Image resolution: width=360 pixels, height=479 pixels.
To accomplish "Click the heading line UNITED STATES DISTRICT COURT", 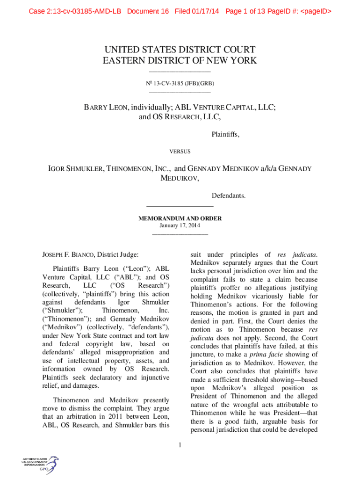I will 180,50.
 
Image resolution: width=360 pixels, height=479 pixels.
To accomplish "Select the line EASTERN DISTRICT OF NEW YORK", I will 180,60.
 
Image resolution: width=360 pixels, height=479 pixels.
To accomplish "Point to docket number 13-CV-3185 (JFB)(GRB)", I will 183,83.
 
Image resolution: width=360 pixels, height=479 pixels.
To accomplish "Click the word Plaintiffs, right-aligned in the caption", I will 225,135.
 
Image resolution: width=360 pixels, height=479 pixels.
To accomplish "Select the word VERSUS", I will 180,151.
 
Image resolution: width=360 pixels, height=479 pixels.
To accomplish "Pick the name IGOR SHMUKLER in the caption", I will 77,168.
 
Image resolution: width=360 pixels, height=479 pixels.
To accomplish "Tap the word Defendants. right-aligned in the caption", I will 229,195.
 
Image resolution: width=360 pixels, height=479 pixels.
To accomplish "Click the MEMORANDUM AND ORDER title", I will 180,218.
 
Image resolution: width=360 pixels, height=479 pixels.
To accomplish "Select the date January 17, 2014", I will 180,225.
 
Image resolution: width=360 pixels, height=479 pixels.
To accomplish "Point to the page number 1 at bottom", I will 180,445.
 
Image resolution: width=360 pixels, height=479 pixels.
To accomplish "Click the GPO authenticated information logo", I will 40,464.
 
